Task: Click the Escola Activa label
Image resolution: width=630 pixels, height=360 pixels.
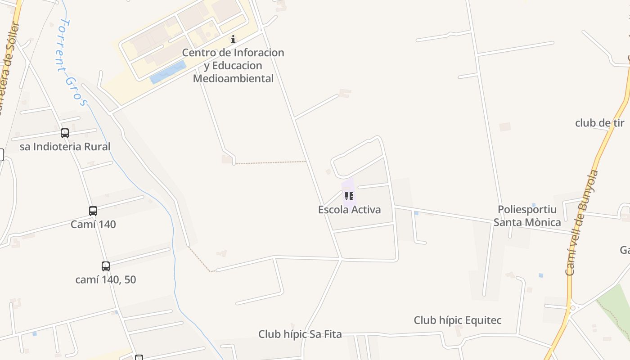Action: coord(349,210)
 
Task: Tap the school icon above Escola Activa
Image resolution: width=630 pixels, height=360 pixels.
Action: coord(349,196)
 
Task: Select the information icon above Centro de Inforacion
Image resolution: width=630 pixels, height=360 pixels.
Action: coord(233,40)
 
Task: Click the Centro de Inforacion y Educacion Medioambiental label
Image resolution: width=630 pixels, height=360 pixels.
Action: coord(233,65)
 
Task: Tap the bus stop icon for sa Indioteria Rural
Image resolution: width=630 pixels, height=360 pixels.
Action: coord(65,133)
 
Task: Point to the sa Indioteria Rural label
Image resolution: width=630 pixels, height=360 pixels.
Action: coord(65,147)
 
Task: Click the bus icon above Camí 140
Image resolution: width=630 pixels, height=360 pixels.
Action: coord(93,211)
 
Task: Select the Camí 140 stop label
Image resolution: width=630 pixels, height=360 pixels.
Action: coord(93,224)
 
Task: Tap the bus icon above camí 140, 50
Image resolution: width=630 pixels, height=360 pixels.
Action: coord(106,266)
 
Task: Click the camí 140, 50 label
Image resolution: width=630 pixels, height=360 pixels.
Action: coord(106,279)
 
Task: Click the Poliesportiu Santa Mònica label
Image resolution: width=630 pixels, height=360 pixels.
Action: coord(527,216)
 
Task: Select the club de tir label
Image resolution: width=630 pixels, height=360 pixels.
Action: coord(600,123)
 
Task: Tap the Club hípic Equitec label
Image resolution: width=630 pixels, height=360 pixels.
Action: coord(458,320)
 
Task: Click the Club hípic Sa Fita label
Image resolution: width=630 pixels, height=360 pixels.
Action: coord(300,334)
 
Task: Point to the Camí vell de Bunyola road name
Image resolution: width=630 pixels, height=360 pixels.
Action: coord(583,223)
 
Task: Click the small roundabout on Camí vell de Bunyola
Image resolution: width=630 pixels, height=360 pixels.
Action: coord(572,308)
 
